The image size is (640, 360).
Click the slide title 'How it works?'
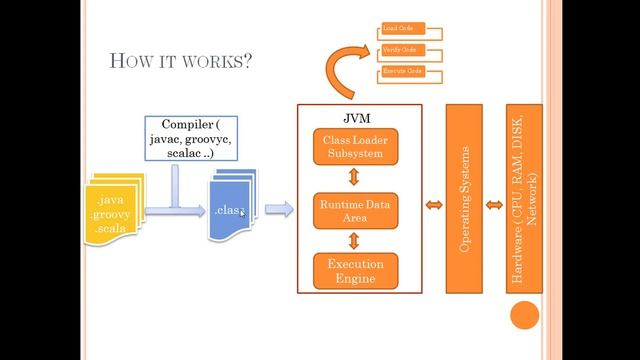click(x=180, y=61)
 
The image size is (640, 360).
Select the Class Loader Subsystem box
click(x=355, y=147)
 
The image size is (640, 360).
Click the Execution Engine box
click(x=355, y=271)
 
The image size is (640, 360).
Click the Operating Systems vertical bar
click(x=464, y=198)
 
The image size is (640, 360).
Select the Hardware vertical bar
click(x=524, y=198)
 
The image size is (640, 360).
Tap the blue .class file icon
click(x=231, y=208)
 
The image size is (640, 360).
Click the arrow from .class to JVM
click(x=279, y=209)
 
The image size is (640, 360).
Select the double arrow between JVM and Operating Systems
click(x=434, y=205)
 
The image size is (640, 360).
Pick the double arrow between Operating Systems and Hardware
click(x=494, y=205)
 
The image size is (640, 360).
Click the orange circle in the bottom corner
click(x=524, y=316)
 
